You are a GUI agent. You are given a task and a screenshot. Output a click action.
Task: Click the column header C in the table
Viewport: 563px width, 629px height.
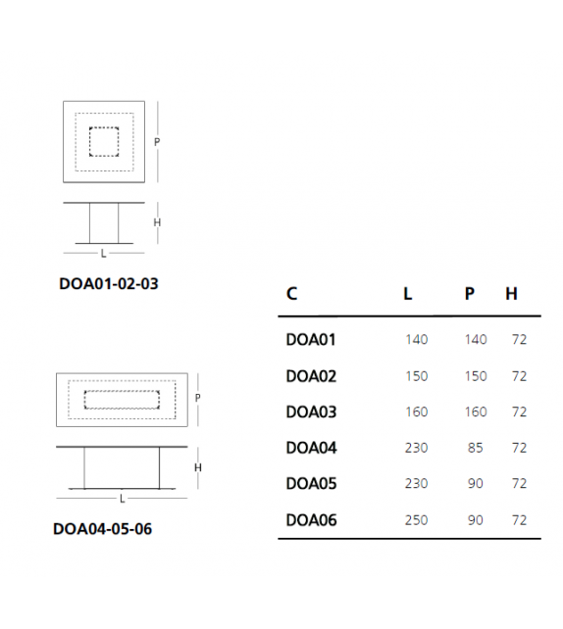coord(291,294)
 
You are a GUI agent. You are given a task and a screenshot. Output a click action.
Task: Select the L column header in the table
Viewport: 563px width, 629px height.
coord(408,294)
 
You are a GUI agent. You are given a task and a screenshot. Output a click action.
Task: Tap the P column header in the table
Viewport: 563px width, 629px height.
coord(470,294)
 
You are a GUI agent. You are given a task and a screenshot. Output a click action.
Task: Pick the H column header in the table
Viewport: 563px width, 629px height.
coord(511,294)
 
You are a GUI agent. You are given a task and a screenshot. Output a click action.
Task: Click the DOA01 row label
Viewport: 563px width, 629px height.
coord(310,340)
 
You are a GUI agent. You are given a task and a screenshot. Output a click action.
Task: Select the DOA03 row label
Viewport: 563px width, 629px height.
coord(311,411)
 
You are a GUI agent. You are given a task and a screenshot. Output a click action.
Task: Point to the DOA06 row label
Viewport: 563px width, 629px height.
coord(311,520)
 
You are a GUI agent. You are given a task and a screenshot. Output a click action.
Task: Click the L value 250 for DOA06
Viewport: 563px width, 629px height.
coord(416,520)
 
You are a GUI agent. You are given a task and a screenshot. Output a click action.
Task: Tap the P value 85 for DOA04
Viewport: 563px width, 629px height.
coord(475,448)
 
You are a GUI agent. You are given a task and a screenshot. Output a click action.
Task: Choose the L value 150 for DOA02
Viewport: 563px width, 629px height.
coord(417,376)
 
